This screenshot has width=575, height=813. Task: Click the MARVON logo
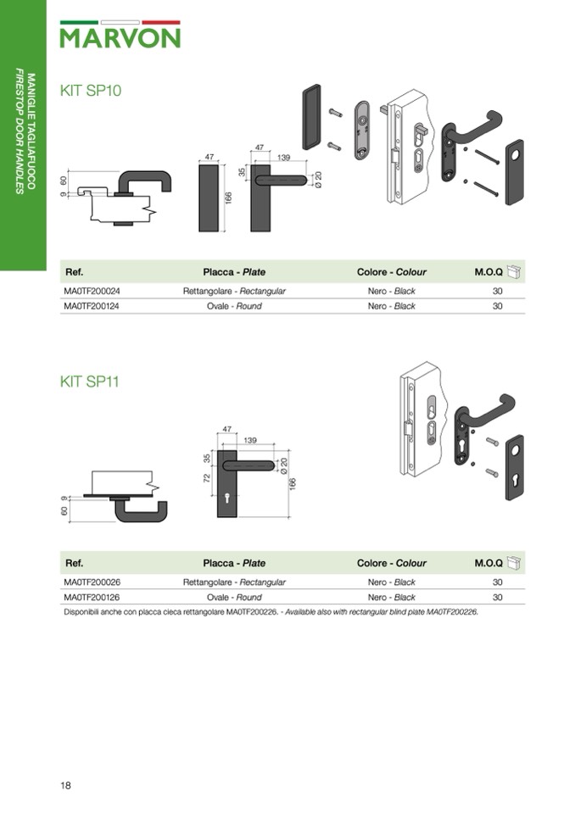pos(120,35)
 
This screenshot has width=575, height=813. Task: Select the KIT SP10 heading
pos(91,90)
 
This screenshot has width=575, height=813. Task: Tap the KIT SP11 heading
pos(90,381)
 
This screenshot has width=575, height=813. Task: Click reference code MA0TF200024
pos(92,291)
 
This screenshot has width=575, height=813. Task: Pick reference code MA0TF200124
pos(92,306)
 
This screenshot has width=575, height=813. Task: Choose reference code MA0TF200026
pos(92,582)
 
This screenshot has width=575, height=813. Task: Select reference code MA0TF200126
pos(92,598)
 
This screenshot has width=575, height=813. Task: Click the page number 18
pos(65,786)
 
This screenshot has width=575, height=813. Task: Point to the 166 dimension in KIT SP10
pos(229,198)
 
